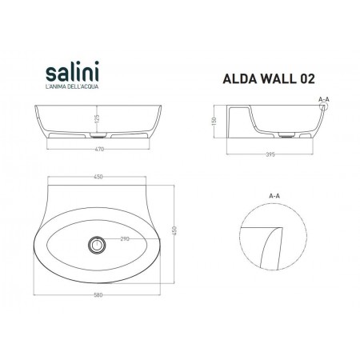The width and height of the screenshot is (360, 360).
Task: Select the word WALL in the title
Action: pyautogui.click(x=272, y=79)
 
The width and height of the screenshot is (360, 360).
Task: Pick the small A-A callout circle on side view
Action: pyautogui.click(x=322, y=112)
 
